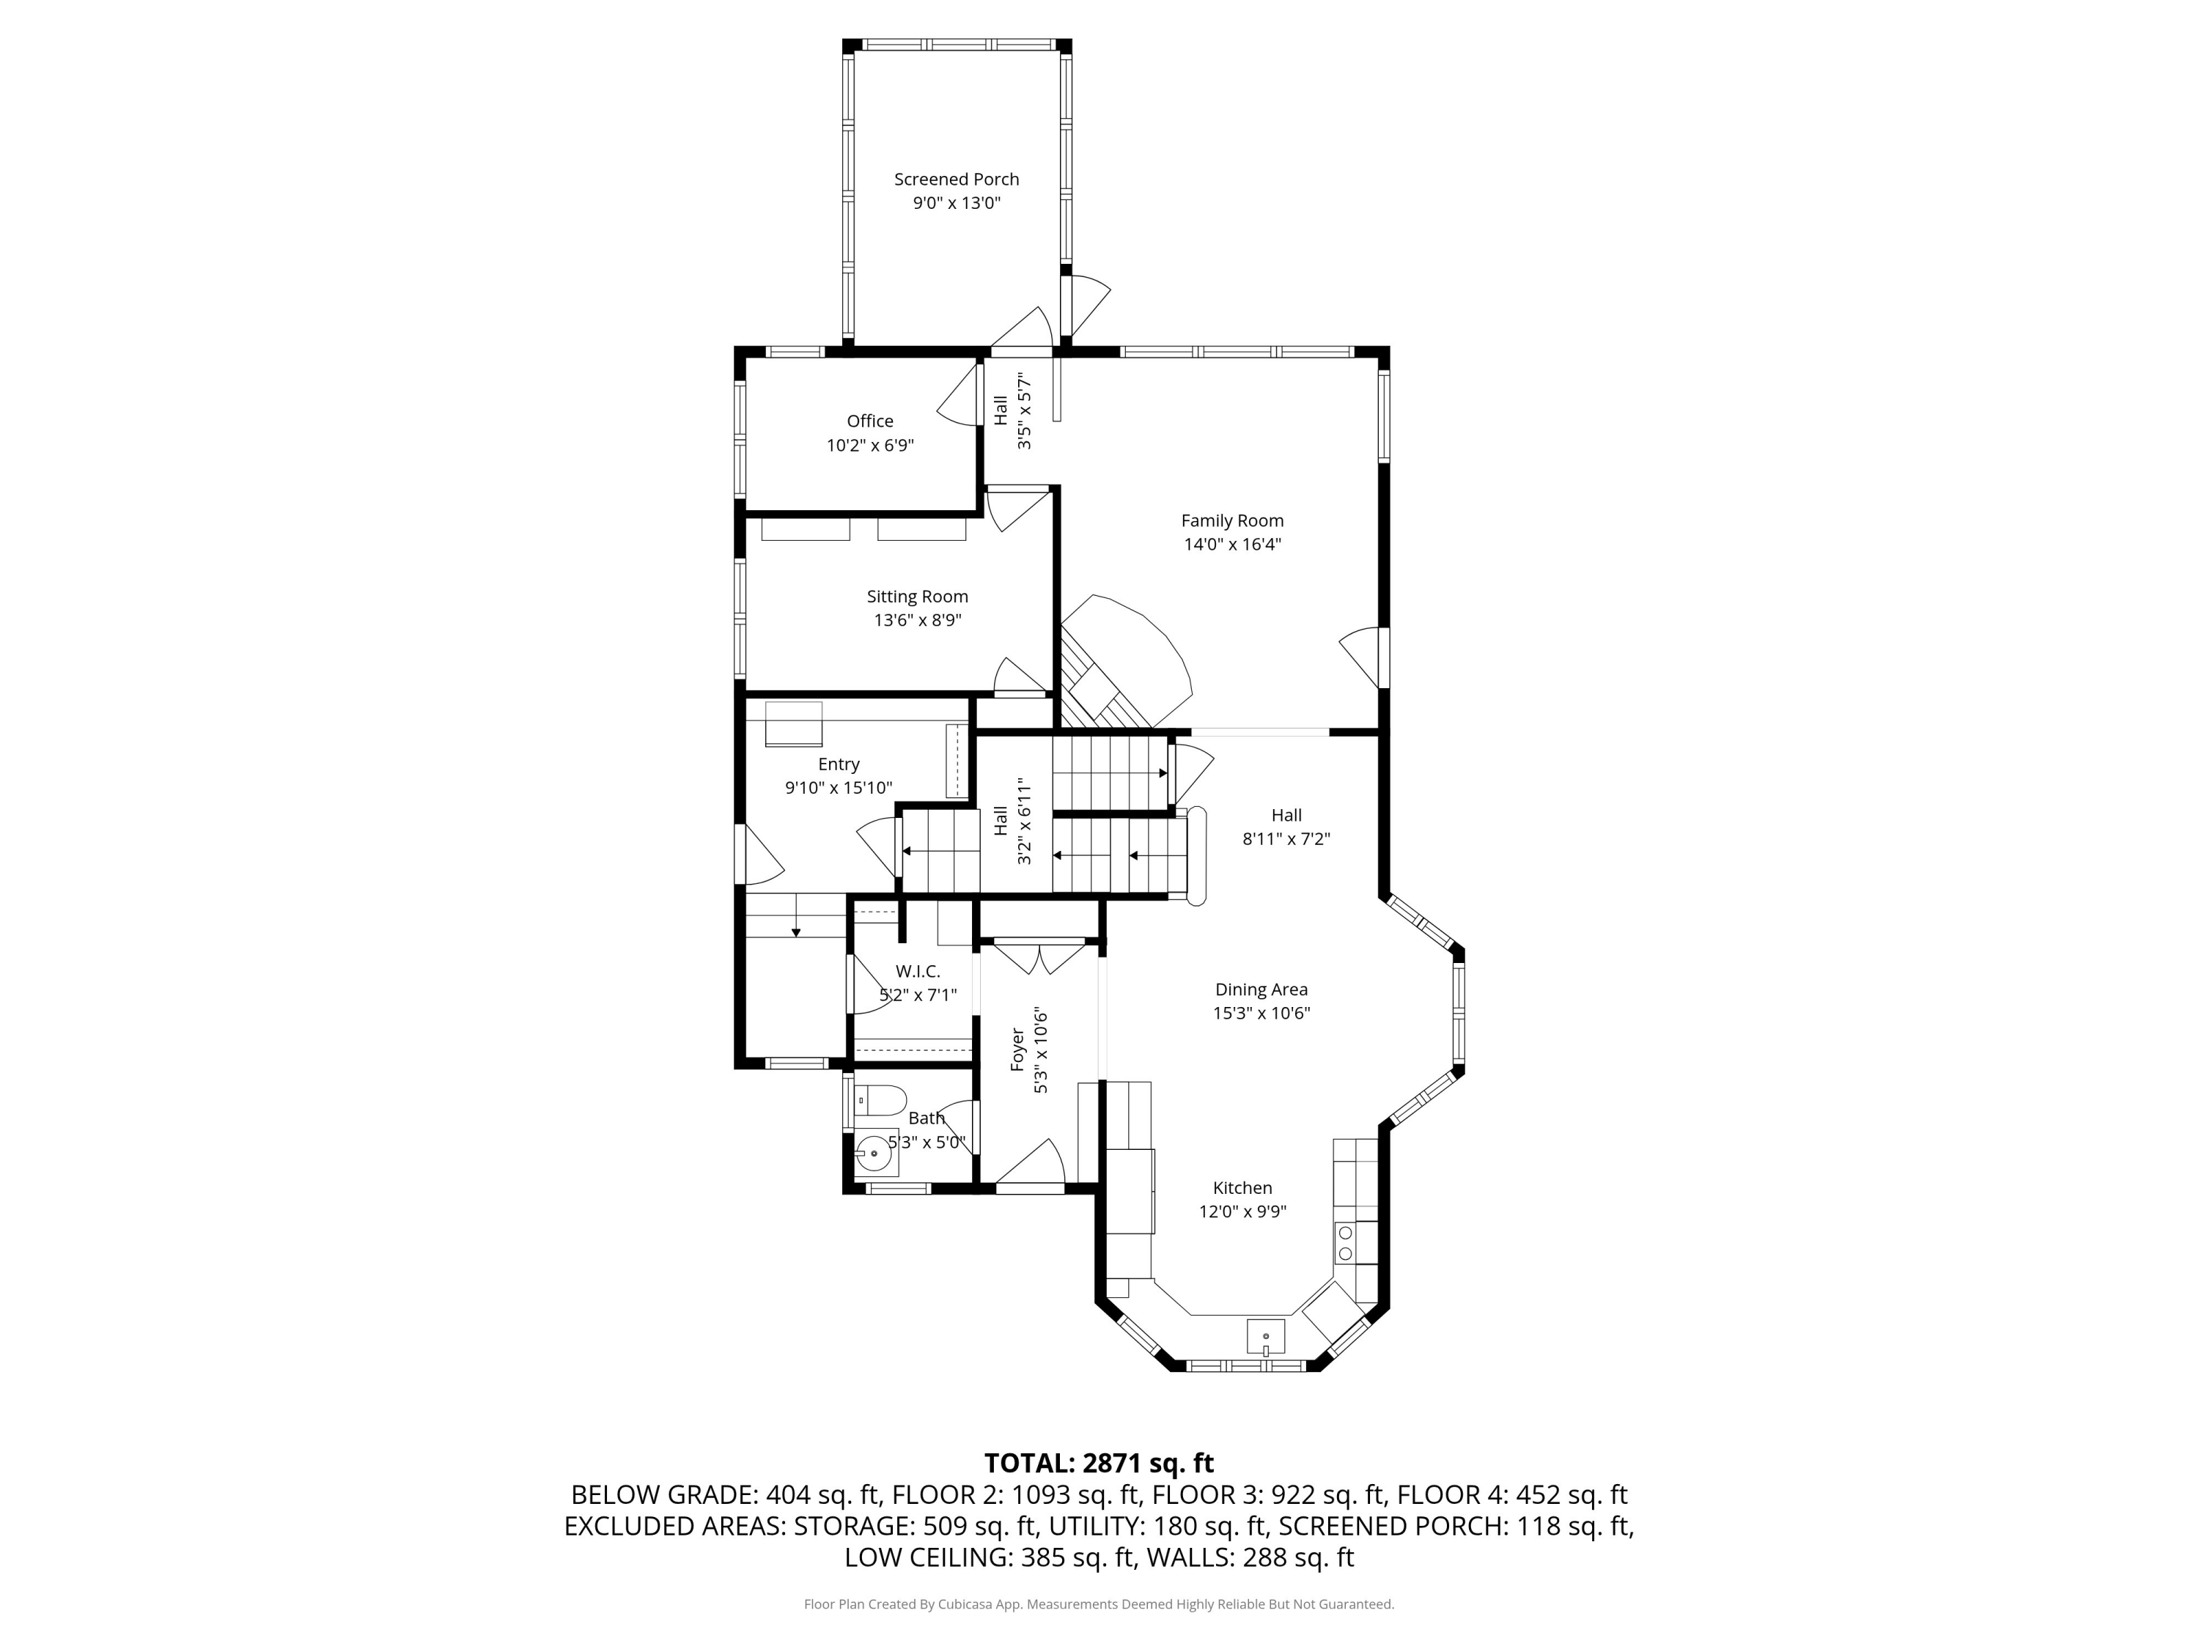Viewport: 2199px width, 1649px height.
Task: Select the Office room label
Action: click(x=870, y=421)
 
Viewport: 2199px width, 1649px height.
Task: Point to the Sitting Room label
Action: click(x=916, y=597)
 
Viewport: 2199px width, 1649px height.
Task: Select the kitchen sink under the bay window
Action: click(x=1265, y=1336)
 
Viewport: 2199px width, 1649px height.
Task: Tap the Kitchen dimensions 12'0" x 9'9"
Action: click(x=1242, y=1211)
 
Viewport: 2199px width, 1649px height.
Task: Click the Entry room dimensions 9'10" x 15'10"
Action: click(x=838, y=788)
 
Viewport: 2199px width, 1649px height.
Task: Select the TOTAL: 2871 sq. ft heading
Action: click(x=1099, y=1463)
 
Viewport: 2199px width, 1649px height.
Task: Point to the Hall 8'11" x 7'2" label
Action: click(x=1286, y=827)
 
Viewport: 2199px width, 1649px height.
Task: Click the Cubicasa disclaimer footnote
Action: click(x=1099, y=1604)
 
